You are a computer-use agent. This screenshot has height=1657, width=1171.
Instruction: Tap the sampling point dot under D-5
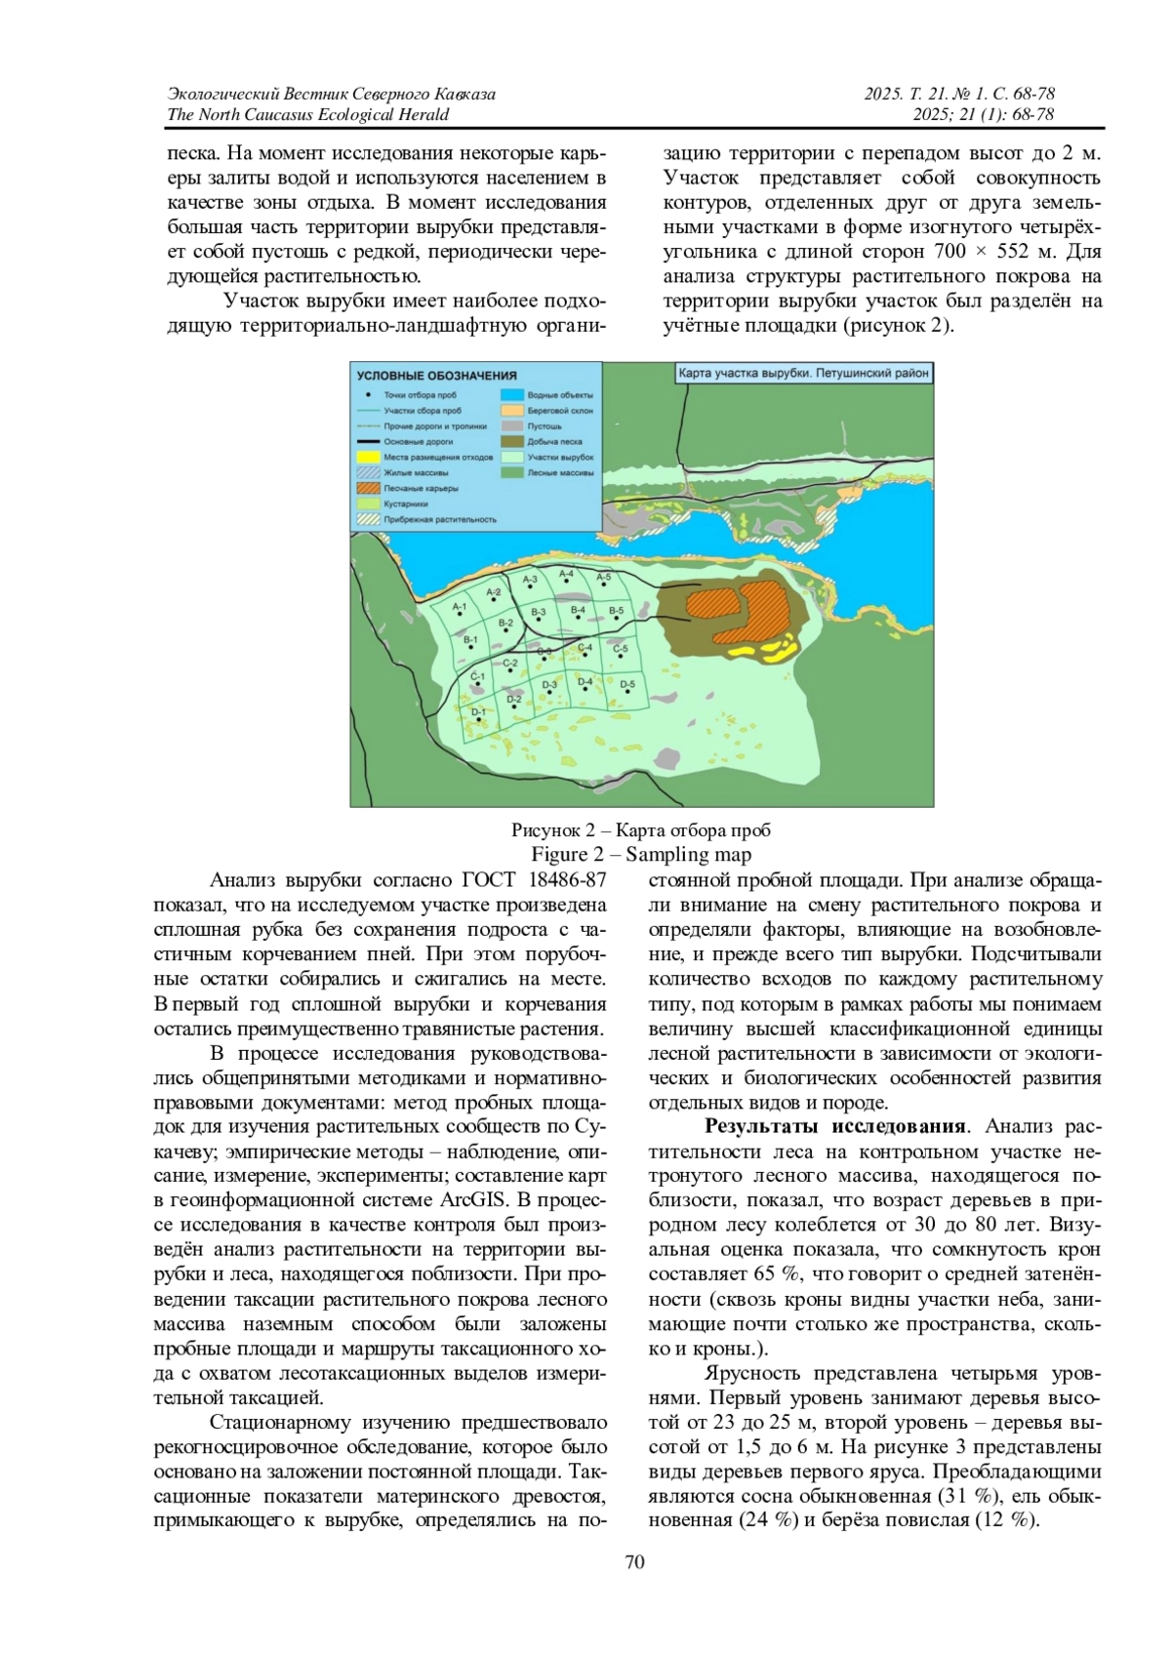tap(627, 695)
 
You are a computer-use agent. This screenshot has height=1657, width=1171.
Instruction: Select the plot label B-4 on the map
tap(578, 611)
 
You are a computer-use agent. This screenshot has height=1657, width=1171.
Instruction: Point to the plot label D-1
tap(478, 712)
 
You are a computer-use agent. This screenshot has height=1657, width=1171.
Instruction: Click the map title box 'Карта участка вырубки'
tap(803, 373)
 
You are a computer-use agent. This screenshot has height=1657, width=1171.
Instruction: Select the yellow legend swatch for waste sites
tap(367, 457)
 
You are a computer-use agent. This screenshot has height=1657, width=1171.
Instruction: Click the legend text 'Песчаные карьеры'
tap(421, 488)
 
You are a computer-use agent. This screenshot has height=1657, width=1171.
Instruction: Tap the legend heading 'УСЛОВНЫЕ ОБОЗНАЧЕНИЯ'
tap(436, 376)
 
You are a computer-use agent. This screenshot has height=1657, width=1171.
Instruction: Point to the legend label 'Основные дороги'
tap(419, 442)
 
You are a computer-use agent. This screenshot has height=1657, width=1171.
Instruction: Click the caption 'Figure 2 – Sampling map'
tap(641, 855)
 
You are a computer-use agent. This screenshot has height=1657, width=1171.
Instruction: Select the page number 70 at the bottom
tap(634, 1562)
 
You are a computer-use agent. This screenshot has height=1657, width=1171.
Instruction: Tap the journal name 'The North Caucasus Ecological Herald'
tap(308, 114)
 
